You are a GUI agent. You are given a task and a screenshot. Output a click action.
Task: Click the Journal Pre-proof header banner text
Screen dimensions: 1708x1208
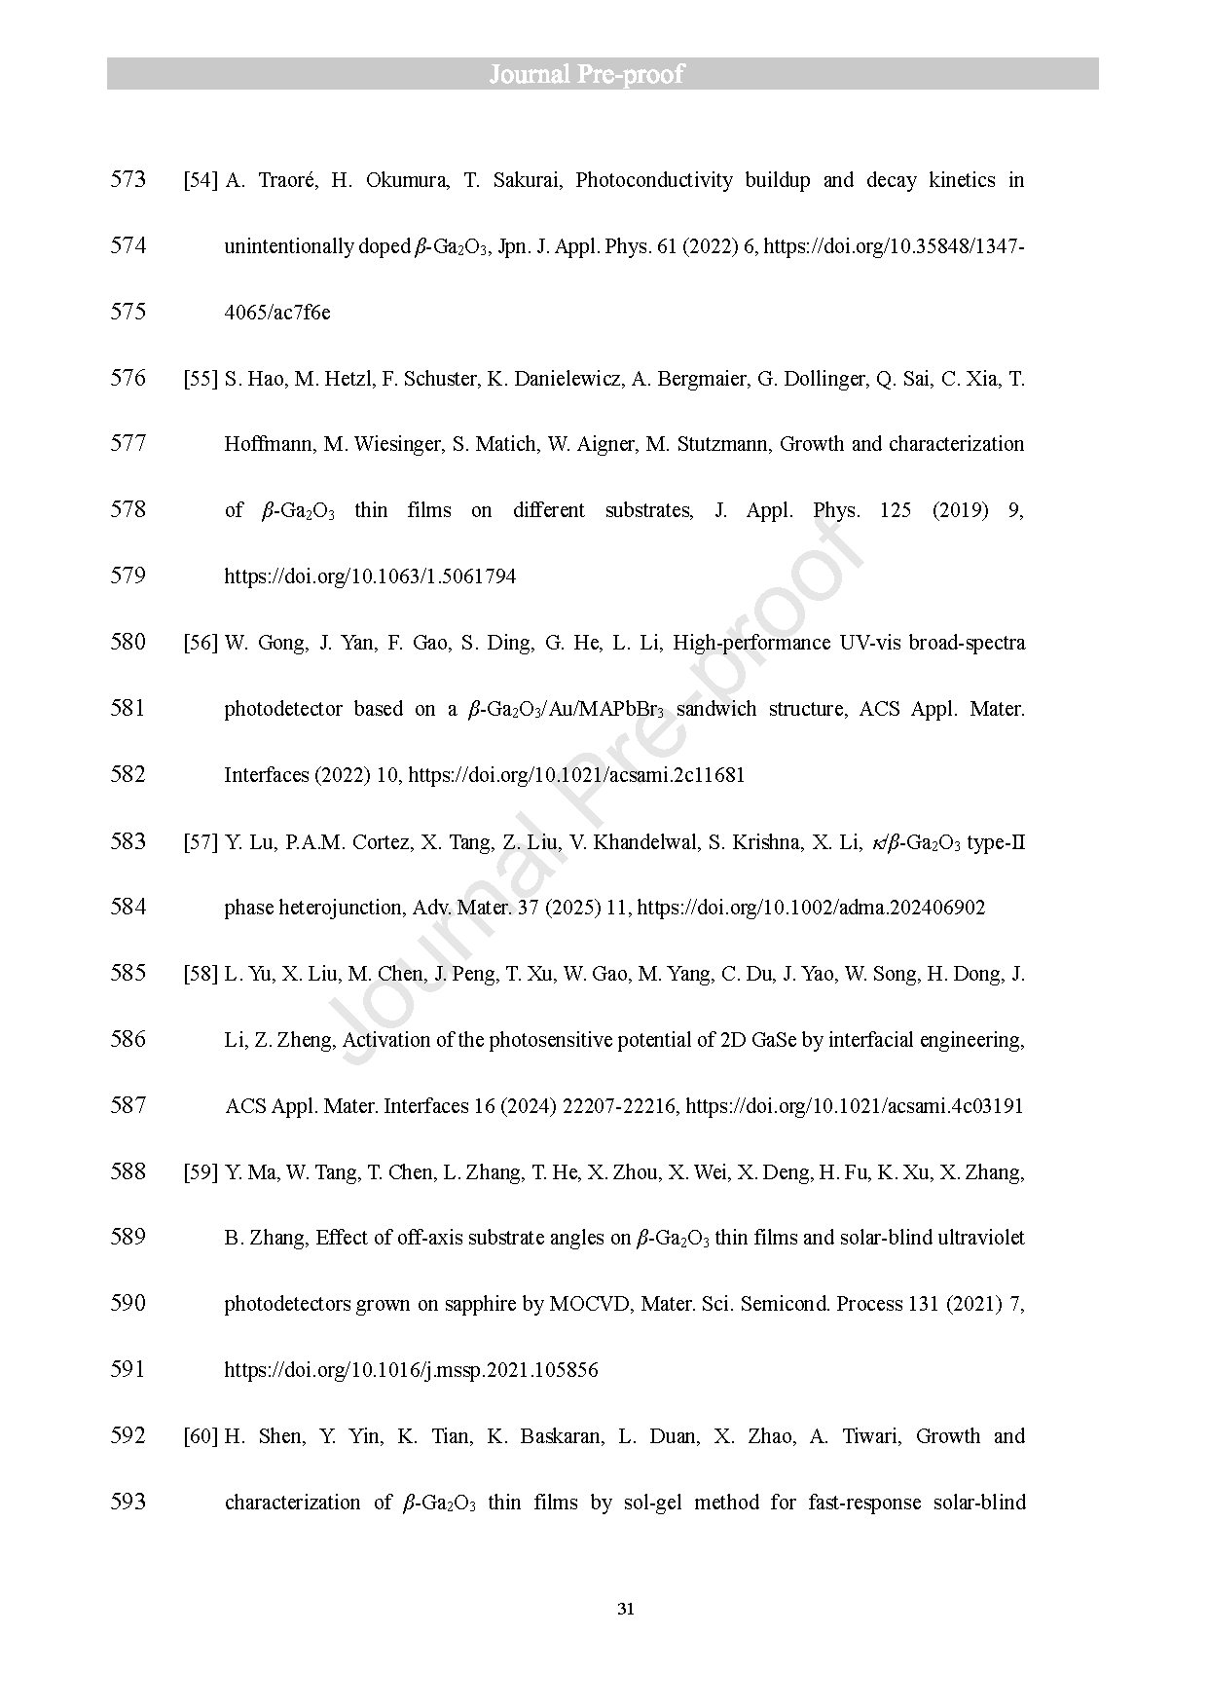tap(586, 74)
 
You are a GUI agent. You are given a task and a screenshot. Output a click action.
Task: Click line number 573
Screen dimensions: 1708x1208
tap(128, 179)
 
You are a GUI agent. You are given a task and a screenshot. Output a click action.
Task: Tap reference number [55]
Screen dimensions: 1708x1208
tap(201, 379)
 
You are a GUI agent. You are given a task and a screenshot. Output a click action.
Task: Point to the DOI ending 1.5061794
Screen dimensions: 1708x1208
tap(370, 576)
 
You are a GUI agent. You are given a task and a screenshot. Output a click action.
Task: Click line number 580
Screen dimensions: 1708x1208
tap(128, 642)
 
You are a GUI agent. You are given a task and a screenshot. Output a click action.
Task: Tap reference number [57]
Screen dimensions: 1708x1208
tap(201, 842)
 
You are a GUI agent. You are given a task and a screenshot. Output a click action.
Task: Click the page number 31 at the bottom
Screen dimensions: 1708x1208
tap(626, 1608)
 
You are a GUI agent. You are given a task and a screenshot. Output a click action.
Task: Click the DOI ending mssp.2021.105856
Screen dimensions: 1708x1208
tap(411, 1370)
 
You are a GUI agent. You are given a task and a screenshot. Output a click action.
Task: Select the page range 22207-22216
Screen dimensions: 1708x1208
tap(620, 1106)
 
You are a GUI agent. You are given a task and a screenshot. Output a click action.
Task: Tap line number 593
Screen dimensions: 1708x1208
tap(128, 1502)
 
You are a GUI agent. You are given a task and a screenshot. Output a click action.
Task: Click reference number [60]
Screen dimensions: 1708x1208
tap(201, 1436)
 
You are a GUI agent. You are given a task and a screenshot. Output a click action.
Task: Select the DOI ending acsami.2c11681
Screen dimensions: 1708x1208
tap(576, 775)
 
